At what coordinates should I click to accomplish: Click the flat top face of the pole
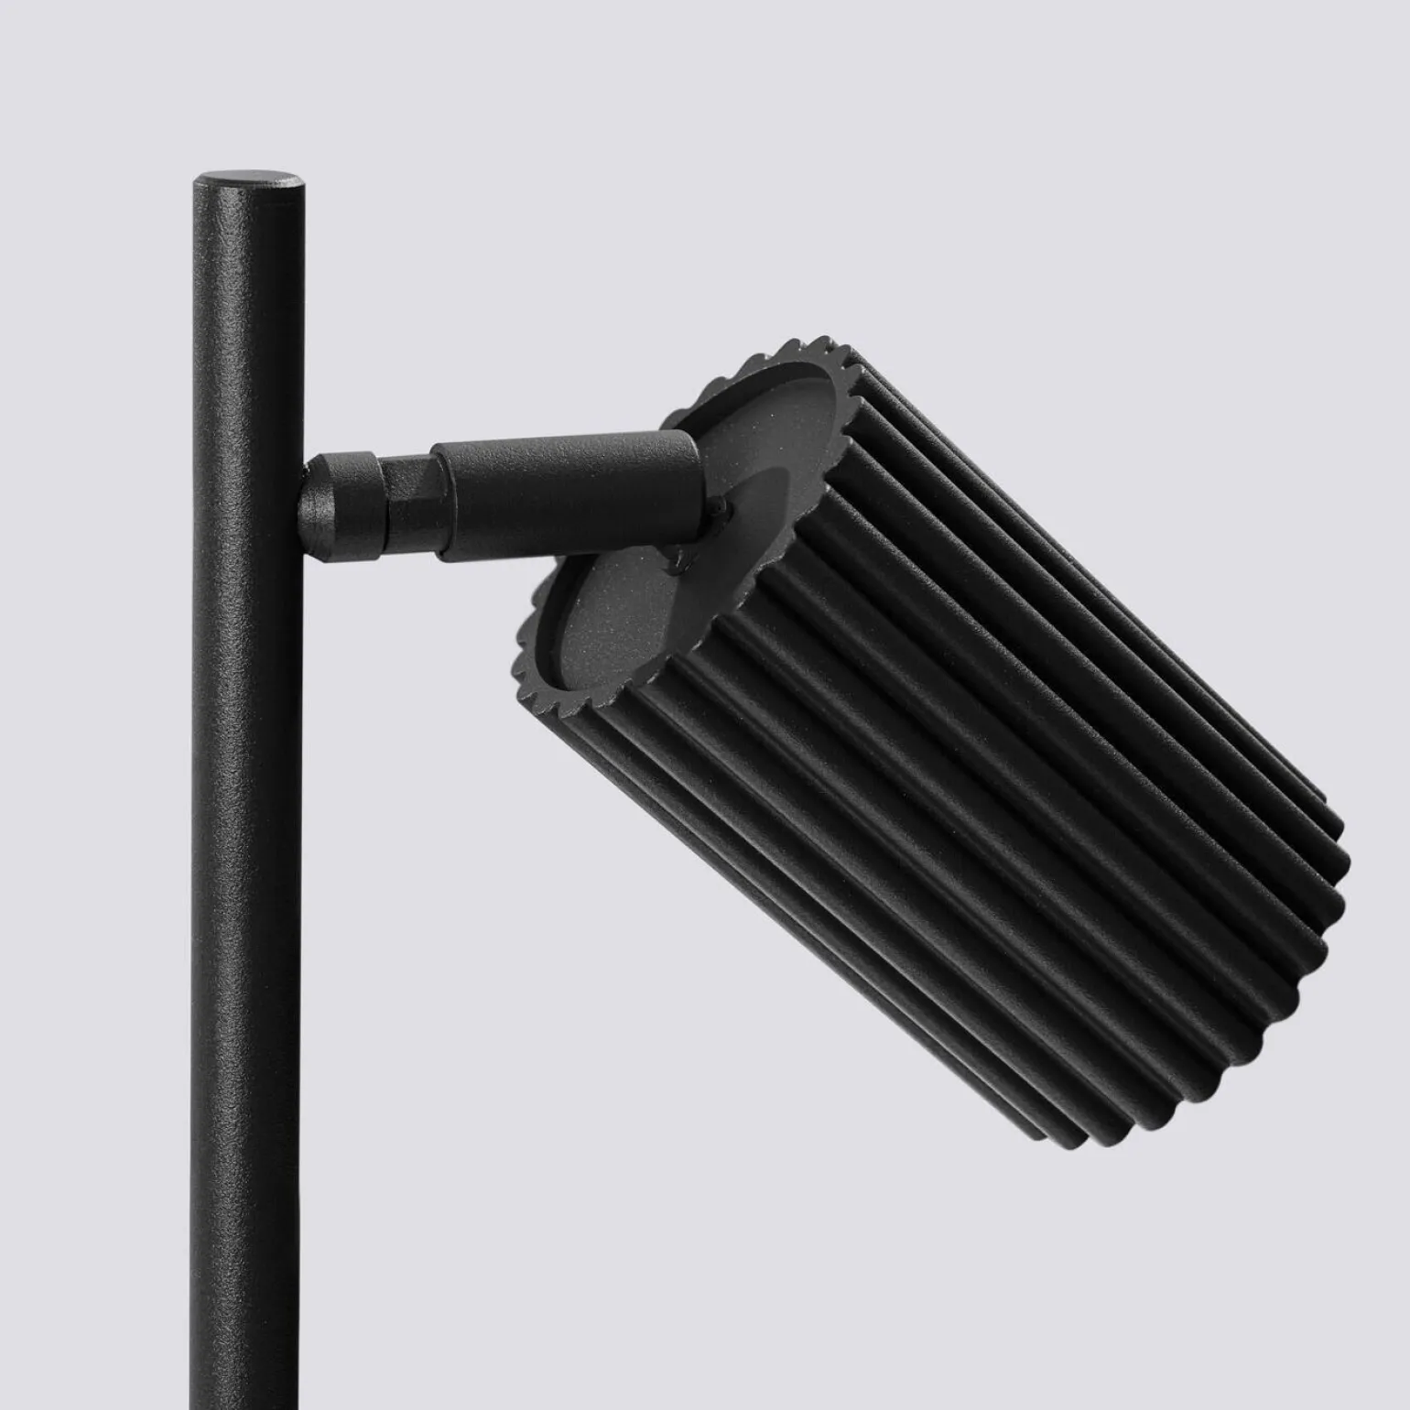point(248,178)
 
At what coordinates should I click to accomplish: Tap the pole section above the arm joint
point(247,311)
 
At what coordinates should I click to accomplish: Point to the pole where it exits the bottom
point(244,1396)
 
